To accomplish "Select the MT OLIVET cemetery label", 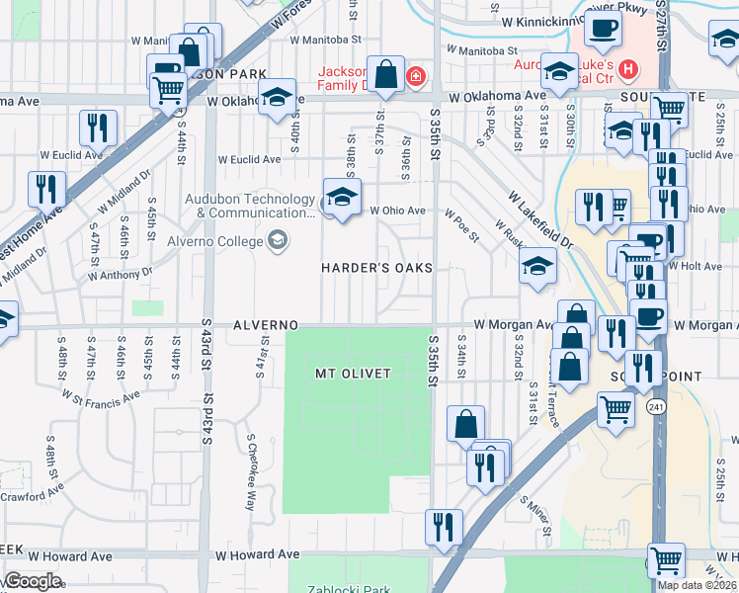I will click(x=353, y=374).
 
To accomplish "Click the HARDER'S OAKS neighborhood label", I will click(x=376, y=269).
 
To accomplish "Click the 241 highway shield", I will click(x=655, y=407).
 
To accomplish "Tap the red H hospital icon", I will click(x=627, y=72).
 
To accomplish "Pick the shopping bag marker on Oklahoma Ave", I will click(x=386, y=75).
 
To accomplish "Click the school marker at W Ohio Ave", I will click(x=342, y=198).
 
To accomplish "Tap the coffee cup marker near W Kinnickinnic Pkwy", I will click(x=603, y=29).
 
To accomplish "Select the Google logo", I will click(x=32, y=581).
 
